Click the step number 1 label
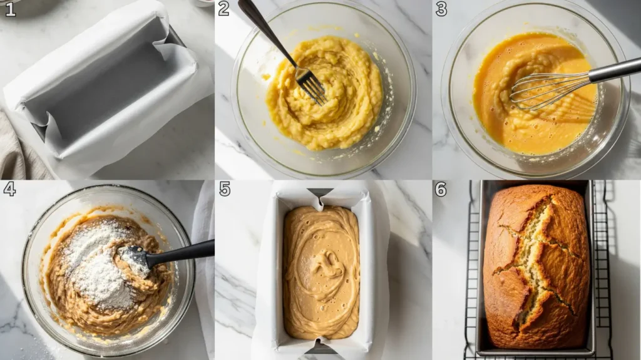point(9,9)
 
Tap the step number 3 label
point(441,9)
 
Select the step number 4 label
point(9,189)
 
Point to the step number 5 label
point(225,189)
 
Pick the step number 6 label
point(441,189)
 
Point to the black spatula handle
point(185,252)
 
